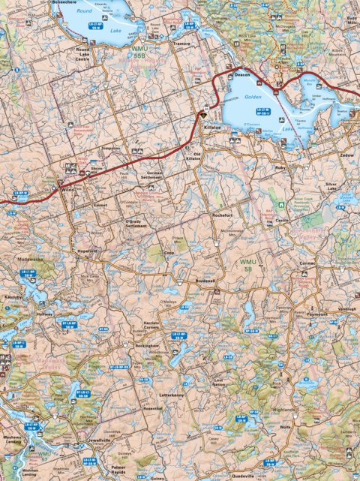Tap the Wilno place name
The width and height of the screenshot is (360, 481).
tap(69, 191)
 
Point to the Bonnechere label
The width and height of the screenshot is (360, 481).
tap(70, 3)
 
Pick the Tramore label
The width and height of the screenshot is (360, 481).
tap(181, 44)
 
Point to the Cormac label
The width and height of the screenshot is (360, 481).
tap(328, 264)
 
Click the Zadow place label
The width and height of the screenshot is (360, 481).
tap(346, 155)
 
